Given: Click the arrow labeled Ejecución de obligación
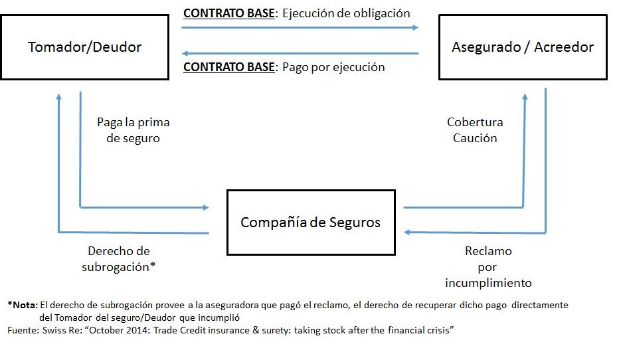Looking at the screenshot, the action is (300, 27).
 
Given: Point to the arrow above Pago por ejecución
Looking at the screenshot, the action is (300, 53).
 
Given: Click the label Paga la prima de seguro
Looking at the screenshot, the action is (133, 130).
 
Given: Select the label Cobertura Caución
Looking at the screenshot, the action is (475, 130).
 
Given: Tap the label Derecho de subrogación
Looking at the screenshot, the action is (118, 259).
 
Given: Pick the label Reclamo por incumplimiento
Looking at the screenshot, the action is (488, 267).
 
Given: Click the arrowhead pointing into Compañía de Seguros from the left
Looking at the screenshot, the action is (206, 207).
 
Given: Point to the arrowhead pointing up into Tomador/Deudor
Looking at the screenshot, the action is (59, 96).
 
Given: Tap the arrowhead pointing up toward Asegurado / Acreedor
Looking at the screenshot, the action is (525, 96).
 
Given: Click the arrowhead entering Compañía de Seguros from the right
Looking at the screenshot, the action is (407, 232).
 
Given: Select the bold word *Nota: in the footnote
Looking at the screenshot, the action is (23, 305).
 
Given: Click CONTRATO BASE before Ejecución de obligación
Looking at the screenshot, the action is (229, 13).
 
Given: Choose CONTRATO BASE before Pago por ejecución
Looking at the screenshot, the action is (229, 67).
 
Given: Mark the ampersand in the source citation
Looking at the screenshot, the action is (256, 330).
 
